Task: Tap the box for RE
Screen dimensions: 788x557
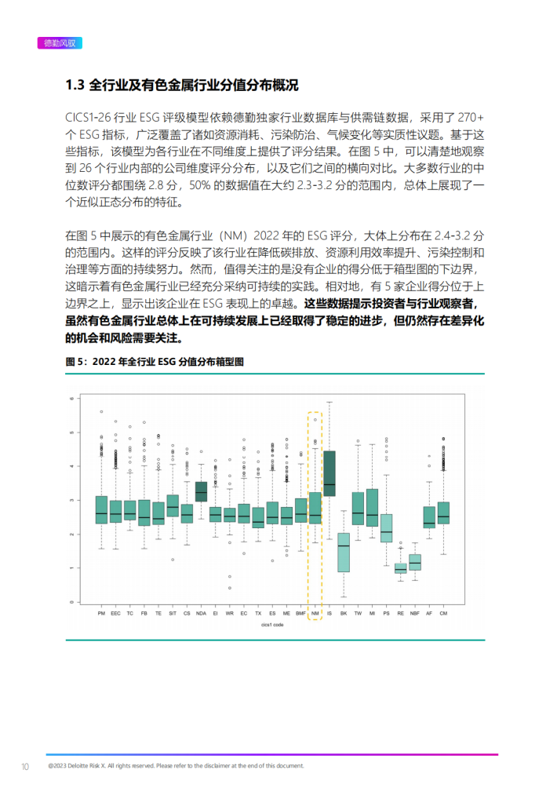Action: [x=401, y=567]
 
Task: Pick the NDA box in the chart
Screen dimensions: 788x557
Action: [x=201, y=491]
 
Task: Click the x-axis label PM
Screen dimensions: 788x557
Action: [x=101, y=612]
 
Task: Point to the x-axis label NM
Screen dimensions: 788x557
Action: [x=315, y=612]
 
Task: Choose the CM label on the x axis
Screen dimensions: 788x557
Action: [x=443, y=612]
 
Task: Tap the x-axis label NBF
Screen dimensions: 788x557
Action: [x=415, y=612]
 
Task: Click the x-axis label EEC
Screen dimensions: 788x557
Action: [x=115, y=612]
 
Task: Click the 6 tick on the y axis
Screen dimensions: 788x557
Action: [x=71, y=399]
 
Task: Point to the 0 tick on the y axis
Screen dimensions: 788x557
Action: [x=71, y=602]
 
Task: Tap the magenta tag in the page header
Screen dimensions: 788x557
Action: [x=60, y=43]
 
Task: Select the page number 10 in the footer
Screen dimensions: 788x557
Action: [x=25, y=766]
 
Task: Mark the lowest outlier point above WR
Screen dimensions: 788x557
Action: [x=229, y=587]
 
